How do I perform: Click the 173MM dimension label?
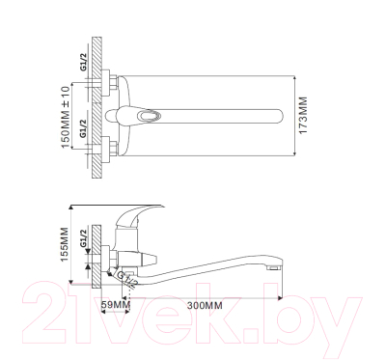303,116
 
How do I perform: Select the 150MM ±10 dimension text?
65,118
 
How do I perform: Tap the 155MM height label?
65,244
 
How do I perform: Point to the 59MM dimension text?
116,305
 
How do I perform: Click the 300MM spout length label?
205,305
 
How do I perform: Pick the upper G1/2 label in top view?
83,63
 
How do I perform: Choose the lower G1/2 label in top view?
83,128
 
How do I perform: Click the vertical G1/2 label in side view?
83,238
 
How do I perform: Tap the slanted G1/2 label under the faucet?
127,279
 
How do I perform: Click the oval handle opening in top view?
150,116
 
